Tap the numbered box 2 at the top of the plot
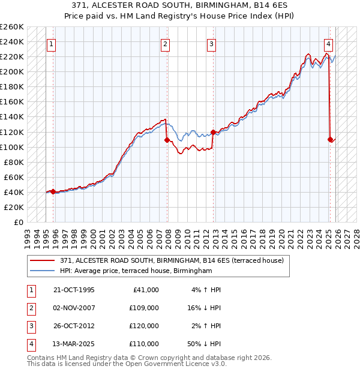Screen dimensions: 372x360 click(165, 44)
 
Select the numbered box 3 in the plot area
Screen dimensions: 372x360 click(212, 44)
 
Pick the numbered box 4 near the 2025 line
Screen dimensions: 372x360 click(329, 44)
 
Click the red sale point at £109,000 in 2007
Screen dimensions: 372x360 click(167, 140)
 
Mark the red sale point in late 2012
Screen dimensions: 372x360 click(214, 132)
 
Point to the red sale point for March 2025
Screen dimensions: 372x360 click(331, 139)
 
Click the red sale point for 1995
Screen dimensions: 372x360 click(53, 191)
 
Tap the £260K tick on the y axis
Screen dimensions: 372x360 click(11, 27)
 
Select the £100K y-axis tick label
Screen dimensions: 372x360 click(11, 147)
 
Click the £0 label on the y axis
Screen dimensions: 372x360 click(19, 222)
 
